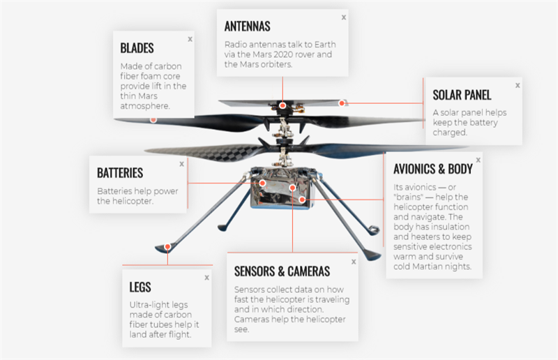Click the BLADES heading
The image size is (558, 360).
point(137,48)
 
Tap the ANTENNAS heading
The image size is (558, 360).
point(247,26)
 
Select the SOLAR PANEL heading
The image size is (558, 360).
point(462,95)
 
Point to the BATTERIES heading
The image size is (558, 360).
point(120,172)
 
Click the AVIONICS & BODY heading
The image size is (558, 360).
point(432,169)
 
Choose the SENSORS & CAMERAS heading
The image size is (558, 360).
point(282,271)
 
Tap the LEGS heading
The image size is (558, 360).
point(140,287)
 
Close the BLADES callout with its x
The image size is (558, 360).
point(190,40)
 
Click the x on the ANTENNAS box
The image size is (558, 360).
point(342,17)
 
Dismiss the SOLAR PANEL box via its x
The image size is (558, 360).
point(518,85)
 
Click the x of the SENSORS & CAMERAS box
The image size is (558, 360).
point(354,262)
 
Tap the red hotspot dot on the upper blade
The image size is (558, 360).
point(153,119)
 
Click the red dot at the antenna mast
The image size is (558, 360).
point(282,105)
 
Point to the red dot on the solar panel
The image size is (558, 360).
point(342,103)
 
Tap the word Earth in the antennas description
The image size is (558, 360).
point(333,45)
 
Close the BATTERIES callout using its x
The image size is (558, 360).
point(182,163)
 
